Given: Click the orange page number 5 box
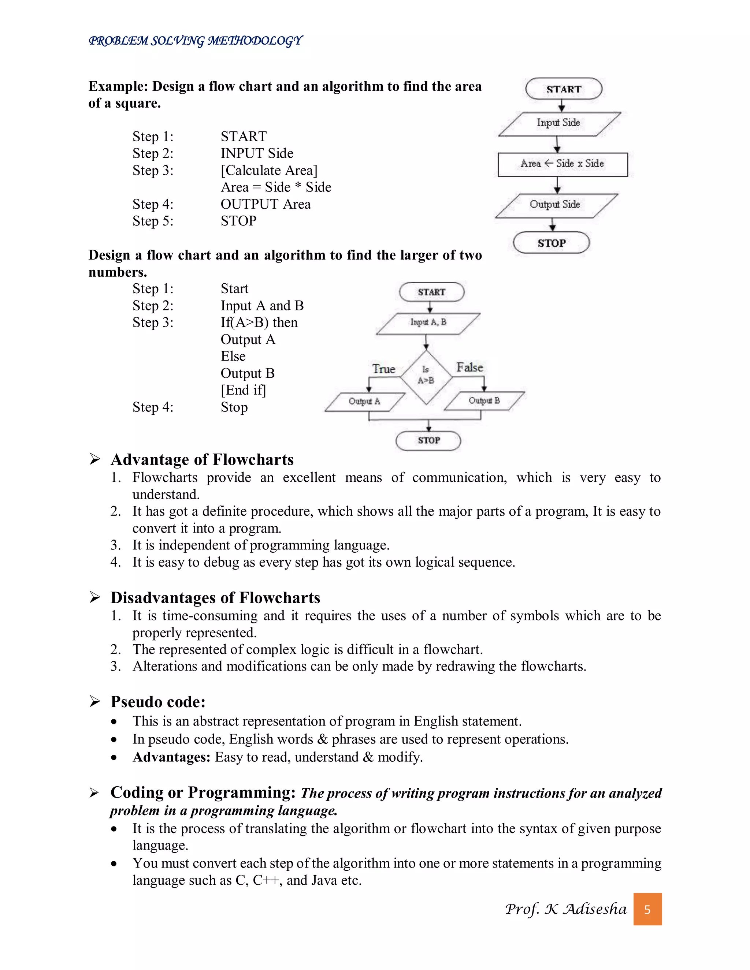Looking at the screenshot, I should [647, 910].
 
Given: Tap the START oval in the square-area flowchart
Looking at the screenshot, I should [563, 89].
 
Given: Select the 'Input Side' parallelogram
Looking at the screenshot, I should [559, 123].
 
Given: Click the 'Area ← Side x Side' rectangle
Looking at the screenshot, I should [562, 164].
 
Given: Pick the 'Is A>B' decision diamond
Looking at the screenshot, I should [426, 377].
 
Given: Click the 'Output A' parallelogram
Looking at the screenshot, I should [365, 402].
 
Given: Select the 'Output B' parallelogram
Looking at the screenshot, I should [484, 401].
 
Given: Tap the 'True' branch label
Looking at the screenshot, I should [383, 369].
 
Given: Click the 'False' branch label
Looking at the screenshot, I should [469, 367].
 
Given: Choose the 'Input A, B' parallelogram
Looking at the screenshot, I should [428, 323].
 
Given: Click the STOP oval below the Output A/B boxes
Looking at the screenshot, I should [428, 441].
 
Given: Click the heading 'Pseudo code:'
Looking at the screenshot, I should [158, 702].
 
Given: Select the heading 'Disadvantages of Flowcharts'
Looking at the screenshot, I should [215, 598].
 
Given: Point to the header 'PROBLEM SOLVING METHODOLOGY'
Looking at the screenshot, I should [196, 41].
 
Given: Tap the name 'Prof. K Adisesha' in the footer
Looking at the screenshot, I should [565, 909].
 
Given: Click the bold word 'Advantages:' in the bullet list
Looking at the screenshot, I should [171, 757].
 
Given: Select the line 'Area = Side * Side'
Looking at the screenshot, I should [276, 187].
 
